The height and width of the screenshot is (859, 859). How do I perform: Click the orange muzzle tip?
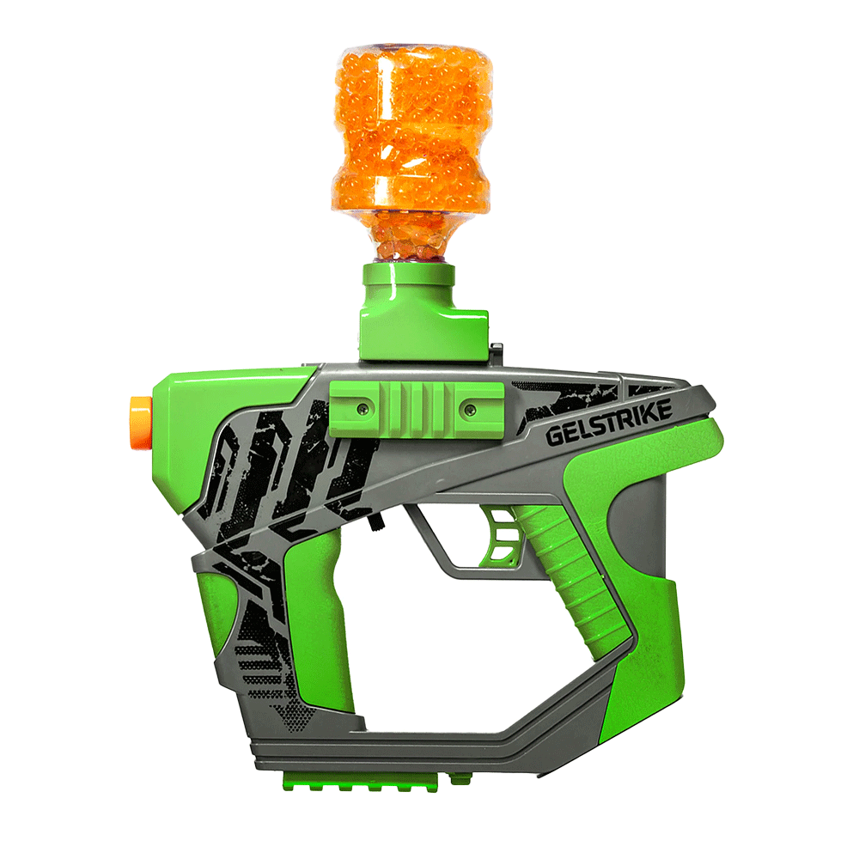point(140,423)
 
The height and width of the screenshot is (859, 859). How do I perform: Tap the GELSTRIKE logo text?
point(609,421)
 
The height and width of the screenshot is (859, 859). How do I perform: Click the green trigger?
point(502,534)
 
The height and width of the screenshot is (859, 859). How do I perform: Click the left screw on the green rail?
point(361,408)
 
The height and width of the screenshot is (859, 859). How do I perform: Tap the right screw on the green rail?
point(470,408)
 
